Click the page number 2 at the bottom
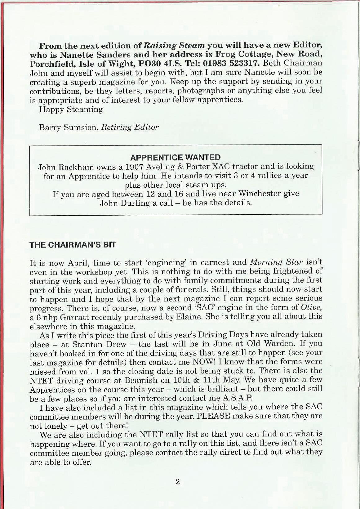[177, 482]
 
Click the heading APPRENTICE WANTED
[176, 157]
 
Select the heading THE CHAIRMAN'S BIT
[73, 245]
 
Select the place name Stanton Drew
[100, 344]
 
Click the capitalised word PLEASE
[213, 416]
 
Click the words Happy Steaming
[71, 109]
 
